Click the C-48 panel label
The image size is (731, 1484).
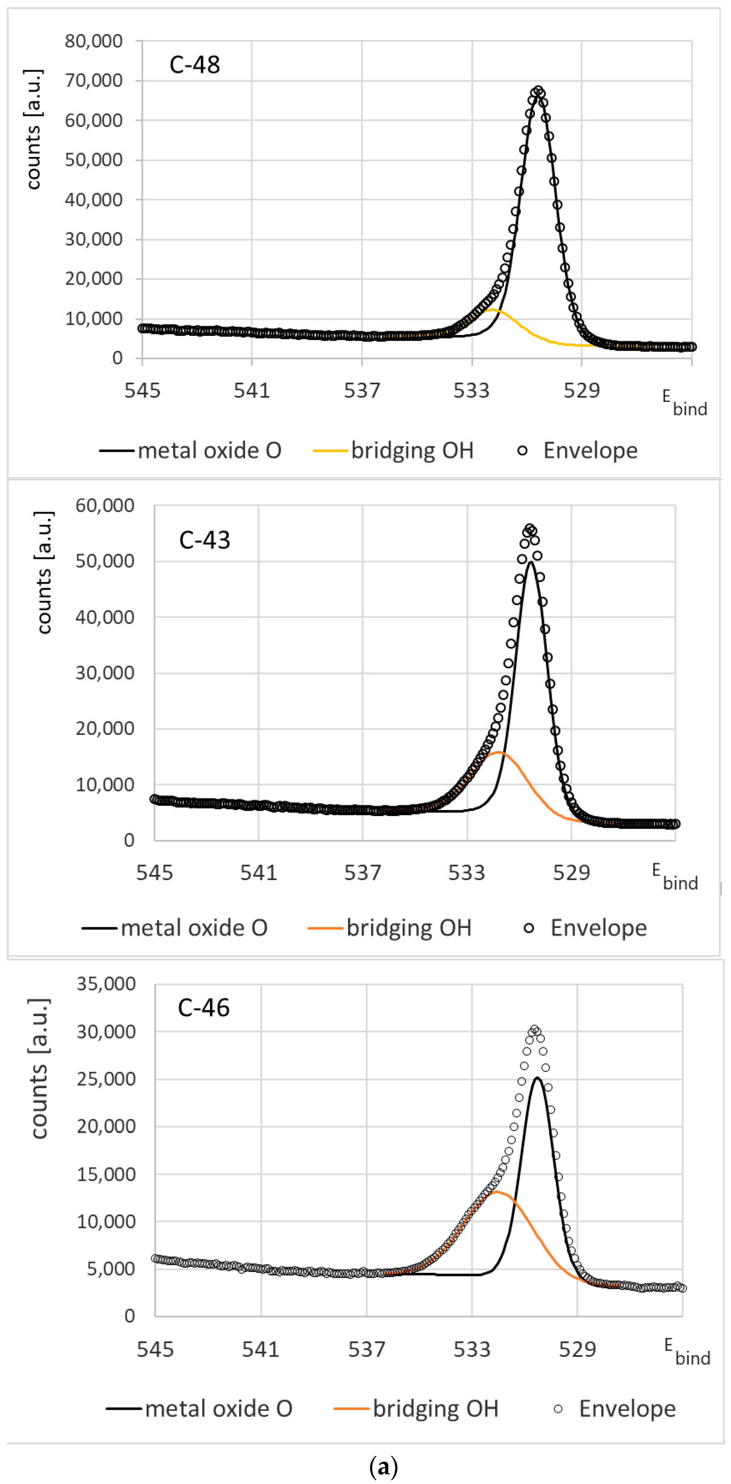195,64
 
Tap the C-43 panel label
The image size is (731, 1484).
204,540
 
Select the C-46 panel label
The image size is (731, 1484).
203,1008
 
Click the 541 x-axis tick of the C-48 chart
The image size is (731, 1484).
251,391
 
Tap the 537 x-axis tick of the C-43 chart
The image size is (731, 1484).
363,873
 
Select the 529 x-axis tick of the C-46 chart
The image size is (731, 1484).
577,1349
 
